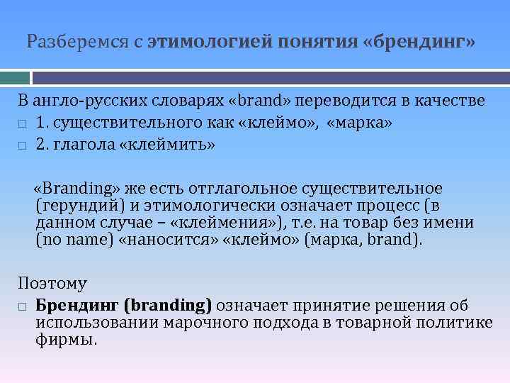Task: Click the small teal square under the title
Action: [15, 77]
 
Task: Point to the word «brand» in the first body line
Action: [256, 101]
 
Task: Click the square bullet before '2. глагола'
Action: [22, 146]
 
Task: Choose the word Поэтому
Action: [52, 284]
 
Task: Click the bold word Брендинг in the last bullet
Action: [77, 306]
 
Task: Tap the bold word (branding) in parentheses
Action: [168, 306]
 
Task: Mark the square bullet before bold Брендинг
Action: [22, 307]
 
